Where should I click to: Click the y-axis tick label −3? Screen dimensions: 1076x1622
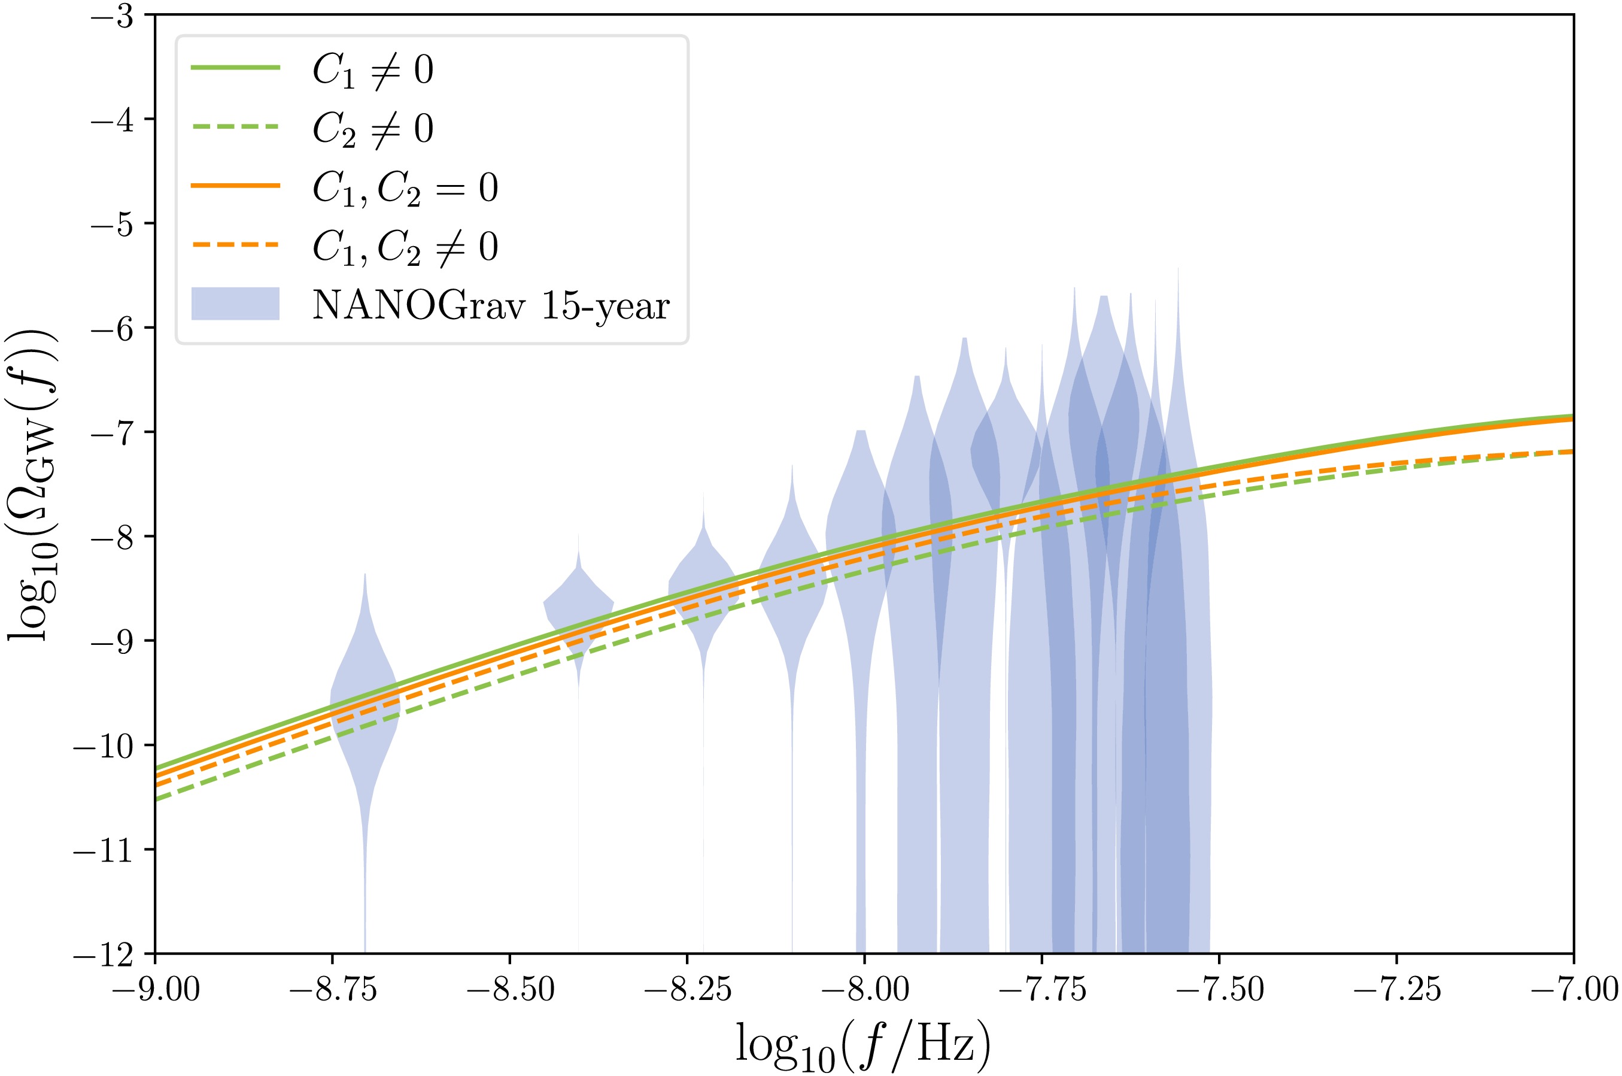pyautogui.click(x=113, y=17)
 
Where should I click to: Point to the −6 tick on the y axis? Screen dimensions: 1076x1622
pyautogui.click(x=113, y=328)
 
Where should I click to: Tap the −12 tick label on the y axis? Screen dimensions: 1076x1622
pyautogui.click(x=103, y=954)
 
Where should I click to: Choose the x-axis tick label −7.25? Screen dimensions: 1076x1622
pyautogui.click(x=1396, y=990)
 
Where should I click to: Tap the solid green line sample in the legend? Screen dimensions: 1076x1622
pyautogui.click(x=235, y=67)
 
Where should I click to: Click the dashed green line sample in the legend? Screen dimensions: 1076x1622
pyautogui.click(x=235, y=127)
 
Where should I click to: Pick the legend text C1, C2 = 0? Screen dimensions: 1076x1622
pyautogui.click(x=405, y=187)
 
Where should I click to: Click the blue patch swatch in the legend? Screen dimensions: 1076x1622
pyautogui.click(x=235, y=304)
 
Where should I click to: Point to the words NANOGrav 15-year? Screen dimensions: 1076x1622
pyautogui.click(x=490, y=305)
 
